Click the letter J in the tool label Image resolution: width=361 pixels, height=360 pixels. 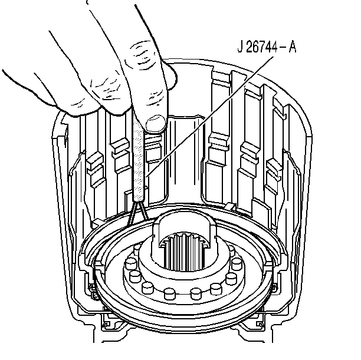pos(240,47)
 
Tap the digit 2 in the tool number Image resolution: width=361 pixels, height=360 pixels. pos(250,47)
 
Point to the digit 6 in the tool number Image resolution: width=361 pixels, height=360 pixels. pos(257,47)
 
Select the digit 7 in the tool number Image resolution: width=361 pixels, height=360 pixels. pos(264,47)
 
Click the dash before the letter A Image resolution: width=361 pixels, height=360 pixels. pos(283,48)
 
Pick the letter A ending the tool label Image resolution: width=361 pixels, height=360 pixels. pos(293,47)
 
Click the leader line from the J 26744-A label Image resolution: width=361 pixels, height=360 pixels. pos(210,117)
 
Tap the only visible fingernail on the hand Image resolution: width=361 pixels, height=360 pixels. pos(156,123)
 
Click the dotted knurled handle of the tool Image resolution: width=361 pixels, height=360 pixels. pos(139,161)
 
